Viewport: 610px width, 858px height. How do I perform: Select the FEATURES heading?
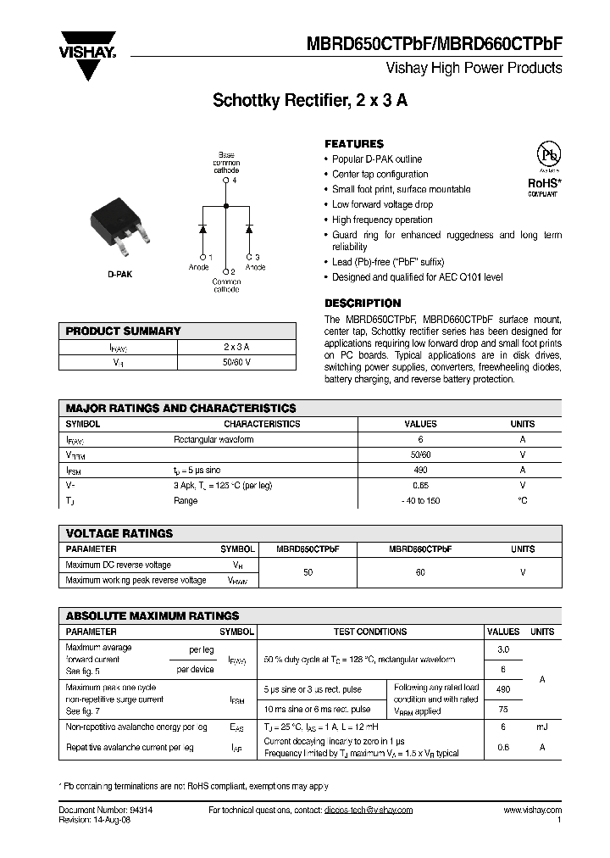click(354, 144)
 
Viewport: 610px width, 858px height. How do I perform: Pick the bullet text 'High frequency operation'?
click(382, 220)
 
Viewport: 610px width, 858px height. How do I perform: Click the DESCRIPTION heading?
click(363, 303)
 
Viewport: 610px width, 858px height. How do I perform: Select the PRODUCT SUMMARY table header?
click(124, 331)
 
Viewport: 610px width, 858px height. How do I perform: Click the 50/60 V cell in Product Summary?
click(236, 362)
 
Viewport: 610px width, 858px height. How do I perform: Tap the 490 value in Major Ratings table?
click(421, 470)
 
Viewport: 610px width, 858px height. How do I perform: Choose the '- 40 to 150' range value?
click(421, 500)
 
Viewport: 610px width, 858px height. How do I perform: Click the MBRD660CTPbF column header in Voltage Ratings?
click(420, 549)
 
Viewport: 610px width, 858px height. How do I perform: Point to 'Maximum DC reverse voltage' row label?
click(119, 565)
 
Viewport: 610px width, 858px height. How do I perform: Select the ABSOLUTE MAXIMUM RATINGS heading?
click(152, 616)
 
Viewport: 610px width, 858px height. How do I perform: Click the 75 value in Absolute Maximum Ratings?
click(502, 710)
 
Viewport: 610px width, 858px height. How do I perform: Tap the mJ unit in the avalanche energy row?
click(541, 727)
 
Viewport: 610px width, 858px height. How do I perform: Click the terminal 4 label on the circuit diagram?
click(235, 181)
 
